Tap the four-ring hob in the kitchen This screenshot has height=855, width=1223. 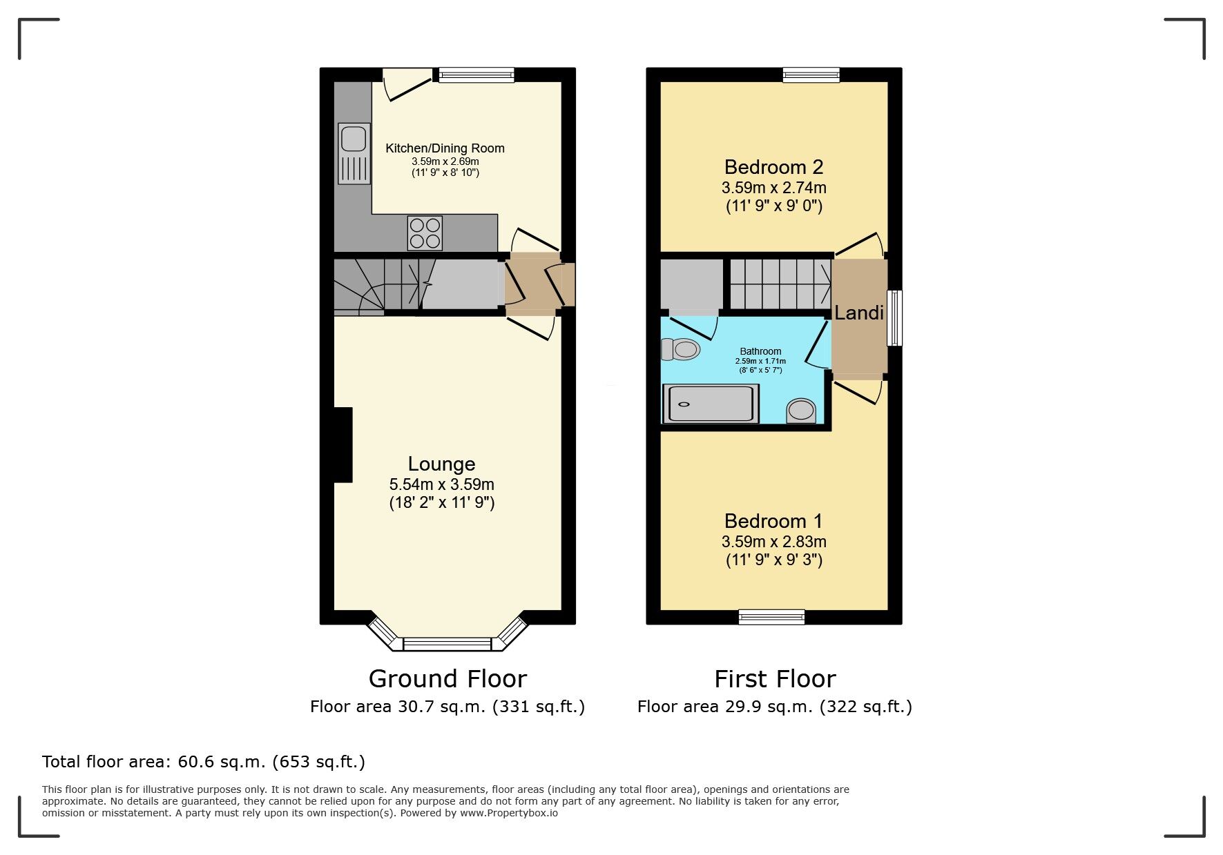click(x=425, y=233)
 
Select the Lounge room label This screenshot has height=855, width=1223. click(x=441, y=464)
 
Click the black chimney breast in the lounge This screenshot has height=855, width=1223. click(x=343, y=444)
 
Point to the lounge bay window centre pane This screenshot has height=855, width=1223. click(x=447, y=645)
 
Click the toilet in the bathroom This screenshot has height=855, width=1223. click(x=680, y=349)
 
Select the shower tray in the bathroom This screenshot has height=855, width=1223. click(x=711, y=404)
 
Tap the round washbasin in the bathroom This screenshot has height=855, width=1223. click(x=801, y=411)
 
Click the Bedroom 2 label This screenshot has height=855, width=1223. click(x=773, y=167)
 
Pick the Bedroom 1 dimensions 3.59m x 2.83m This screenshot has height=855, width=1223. click(x=773, y=542)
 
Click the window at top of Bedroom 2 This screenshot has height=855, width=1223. click(x=811, y=75)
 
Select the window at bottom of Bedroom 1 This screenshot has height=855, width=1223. click(x=771, y=617)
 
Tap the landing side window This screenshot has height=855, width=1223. click(x=894, y=318)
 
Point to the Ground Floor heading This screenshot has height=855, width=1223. click(x=447, y=679)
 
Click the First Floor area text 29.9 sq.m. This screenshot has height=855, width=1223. click(x=774, y=707)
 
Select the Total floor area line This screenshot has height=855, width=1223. click(x=204, y=762)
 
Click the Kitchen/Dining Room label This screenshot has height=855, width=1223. click(x=445, y=148)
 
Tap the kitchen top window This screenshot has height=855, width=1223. click(x=476, y=75)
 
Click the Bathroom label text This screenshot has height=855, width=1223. click(x=760, y=351)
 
